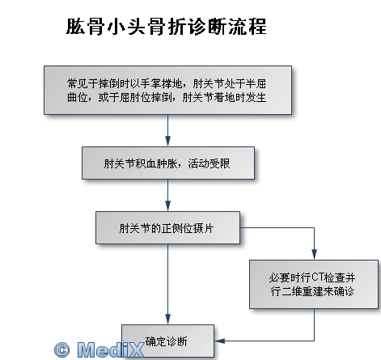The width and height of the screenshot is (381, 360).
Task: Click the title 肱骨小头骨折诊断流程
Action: (x=167, y=27)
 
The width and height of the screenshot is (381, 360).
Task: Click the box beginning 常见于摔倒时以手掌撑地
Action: (x=167, y=90)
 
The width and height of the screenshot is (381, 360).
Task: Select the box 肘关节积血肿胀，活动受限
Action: (x=168, y=163)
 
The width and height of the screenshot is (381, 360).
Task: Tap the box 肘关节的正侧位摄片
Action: (x=167, y=228)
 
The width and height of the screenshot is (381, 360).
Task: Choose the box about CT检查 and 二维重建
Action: (x=314, y=284)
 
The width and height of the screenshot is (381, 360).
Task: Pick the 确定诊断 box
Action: (x=167, y=341)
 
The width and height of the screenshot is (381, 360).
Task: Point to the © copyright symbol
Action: (x=62, y=349)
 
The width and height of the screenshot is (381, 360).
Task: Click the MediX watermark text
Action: (x=111, y=349)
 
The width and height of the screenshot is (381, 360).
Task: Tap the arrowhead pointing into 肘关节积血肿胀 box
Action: (x=167, y=142)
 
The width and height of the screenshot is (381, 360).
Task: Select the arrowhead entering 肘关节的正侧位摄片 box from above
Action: (x=167, y=206)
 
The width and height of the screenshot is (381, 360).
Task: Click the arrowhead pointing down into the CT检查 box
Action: (x=314, y=255)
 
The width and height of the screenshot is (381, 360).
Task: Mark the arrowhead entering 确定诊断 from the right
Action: (x=219, y=341)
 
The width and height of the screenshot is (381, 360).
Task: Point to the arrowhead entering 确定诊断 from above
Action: (x=167, y=320)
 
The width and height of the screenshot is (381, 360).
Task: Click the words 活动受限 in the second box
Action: (x=209, y=163)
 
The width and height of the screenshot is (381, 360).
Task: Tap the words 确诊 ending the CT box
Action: (x=344, y=291)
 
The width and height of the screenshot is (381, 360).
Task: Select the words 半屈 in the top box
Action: (x=256, y=83)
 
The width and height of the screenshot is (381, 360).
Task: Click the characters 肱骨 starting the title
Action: (x=86, y=27)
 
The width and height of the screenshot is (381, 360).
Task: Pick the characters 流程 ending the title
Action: (x=248, y=27)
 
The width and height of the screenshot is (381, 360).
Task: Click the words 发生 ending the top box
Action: (x=256, y=97)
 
